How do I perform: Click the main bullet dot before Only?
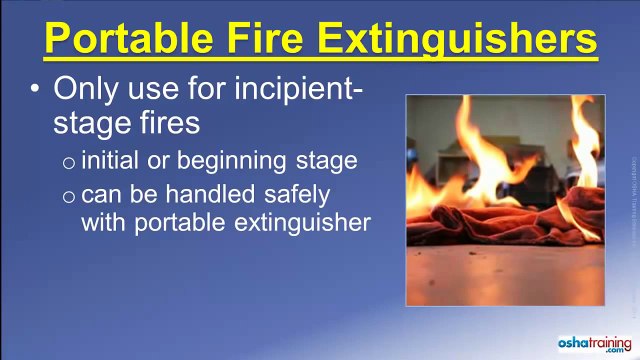[x=35, y=89]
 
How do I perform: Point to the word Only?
[x=85, y=90]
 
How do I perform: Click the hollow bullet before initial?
[x=68, y=161]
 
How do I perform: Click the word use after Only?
[x=149, y=90]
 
